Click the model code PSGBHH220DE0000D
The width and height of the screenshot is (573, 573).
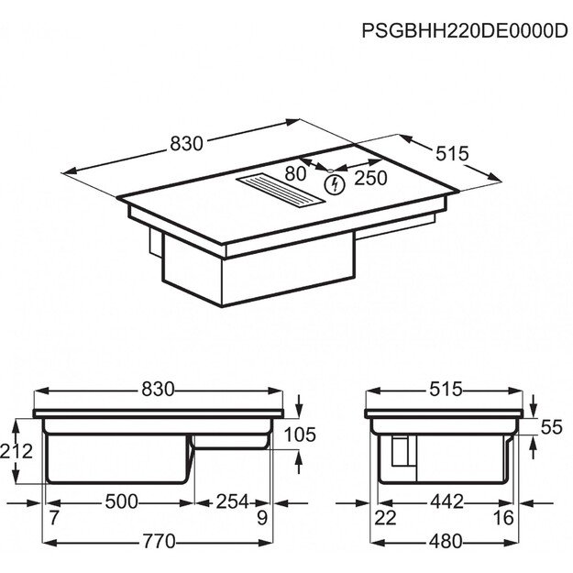[464, 29]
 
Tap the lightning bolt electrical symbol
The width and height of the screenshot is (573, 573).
[335, 184]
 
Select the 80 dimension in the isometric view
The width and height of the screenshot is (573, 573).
[295, 173]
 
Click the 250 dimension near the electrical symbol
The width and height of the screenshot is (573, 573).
[370, 179]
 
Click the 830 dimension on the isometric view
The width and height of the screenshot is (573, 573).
[186, 144]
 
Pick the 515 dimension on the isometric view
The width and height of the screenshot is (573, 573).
[452, 153]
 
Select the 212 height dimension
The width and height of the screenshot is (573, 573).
[17, 451]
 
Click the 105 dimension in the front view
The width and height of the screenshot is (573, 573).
[300, 435]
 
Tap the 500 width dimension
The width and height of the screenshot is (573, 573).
[122, 501]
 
